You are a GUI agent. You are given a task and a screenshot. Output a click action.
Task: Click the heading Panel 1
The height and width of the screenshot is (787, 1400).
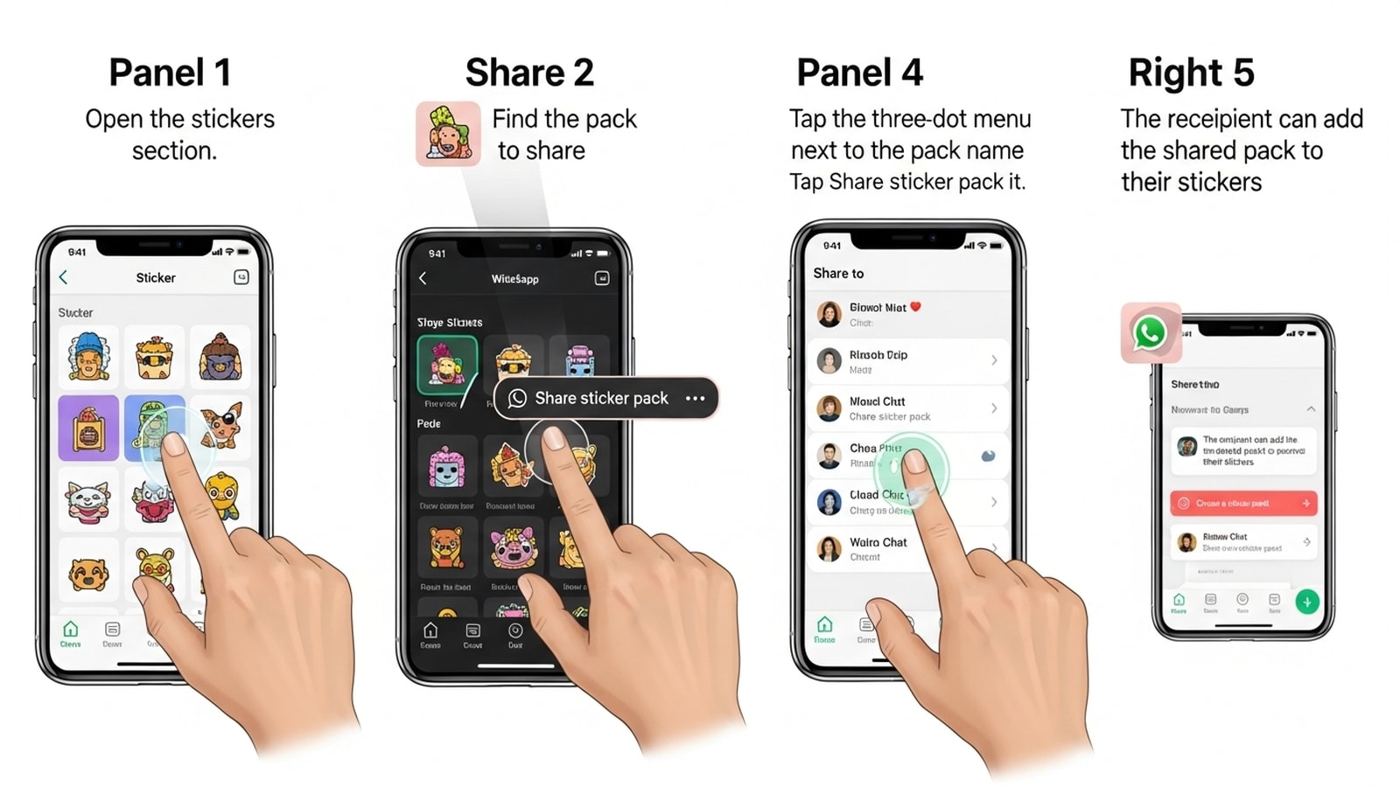(170, 73)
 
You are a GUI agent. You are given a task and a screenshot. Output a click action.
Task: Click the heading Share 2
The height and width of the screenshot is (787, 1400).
(529, 73)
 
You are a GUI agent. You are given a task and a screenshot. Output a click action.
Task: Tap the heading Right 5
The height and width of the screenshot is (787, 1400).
(1191, 73)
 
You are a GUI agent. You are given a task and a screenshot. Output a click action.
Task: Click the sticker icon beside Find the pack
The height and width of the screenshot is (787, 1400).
(448, 134)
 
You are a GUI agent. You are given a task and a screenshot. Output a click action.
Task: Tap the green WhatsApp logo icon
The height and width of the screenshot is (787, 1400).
(1150, 333)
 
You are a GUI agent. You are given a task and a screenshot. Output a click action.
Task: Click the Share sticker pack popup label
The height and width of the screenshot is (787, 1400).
(601, 399)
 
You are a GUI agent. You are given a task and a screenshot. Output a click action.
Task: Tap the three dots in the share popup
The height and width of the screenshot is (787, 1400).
(696, 399)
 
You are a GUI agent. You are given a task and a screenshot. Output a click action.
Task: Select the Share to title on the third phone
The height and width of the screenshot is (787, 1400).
(838, 274)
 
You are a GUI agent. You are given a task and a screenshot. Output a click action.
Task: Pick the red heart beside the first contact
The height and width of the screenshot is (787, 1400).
(915, 307)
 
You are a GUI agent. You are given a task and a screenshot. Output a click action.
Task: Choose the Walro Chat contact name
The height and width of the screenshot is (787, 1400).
(878, 542)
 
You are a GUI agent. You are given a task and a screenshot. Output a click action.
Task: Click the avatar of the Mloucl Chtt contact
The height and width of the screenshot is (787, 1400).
(829, 407)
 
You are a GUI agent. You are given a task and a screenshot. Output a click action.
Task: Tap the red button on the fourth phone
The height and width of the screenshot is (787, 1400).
(1242, 504)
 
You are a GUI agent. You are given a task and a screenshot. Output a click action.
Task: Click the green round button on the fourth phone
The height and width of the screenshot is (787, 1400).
(1307, 602)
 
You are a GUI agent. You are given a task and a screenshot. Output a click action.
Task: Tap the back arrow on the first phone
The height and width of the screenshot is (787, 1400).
(63, 277)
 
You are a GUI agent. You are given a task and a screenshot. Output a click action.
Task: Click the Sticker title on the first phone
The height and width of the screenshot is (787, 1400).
(156, 278)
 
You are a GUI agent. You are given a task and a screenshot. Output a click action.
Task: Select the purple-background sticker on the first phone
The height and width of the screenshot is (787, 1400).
(88, 428)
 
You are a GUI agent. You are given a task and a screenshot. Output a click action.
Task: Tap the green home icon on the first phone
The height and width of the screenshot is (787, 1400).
(71, 630)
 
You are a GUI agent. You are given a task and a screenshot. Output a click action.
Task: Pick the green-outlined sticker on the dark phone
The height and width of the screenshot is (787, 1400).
(447, 365)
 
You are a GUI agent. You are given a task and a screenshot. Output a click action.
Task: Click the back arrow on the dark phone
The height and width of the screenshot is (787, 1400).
(423, 278)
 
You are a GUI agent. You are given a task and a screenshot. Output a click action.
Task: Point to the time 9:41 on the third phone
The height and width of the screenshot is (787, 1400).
(832, 246)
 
